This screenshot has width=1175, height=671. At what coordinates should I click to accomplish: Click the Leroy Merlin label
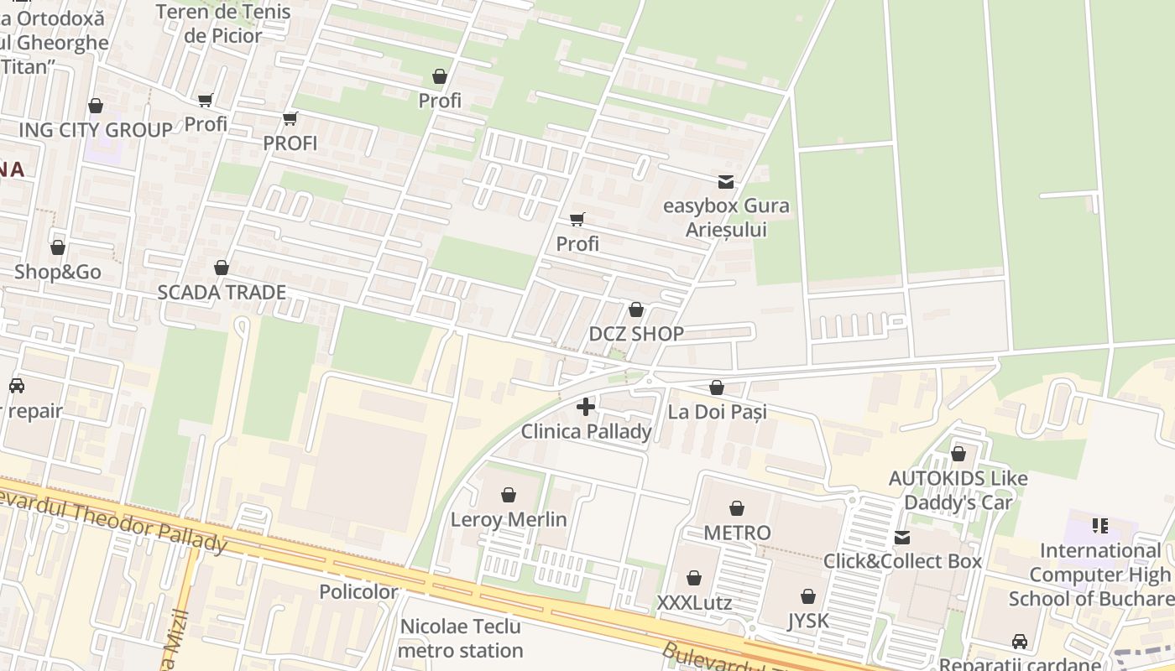509,519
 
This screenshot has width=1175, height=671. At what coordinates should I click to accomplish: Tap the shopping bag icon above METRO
736,508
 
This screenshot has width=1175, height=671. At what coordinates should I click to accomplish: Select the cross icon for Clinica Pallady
586,408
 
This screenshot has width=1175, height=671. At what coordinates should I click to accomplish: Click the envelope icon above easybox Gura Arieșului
725,181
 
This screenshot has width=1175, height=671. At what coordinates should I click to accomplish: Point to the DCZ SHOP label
635,333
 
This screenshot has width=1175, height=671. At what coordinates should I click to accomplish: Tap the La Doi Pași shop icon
716,388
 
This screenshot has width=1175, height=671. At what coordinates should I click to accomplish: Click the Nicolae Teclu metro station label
460,638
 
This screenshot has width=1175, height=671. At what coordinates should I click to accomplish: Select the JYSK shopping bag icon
807,596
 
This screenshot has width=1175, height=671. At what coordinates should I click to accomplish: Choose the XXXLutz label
694,603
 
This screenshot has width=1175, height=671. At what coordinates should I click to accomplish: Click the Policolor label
358,591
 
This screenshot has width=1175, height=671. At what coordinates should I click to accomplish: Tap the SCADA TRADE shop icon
222,268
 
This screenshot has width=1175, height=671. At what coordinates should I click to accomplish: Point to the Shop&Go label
57,272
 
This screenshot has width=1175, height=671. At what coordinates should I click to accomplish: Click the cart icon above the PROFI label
290,119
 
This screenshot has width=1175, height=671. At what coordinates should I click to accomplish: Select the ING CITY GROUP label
95,130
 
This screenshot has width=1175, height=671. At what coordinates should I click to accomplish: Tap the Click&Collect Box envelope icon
901,537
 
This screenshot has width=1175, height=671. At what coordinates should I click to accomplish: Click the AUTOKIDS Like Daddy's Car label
958,490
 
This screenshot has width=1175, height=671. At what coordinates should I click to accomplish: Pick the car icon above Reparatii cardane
1020,642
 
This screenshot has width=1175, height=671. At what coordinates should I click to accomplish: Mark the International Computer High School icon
1099,526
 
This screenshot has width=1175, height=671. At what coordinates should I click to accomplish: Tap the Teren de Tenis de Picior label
223,23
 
